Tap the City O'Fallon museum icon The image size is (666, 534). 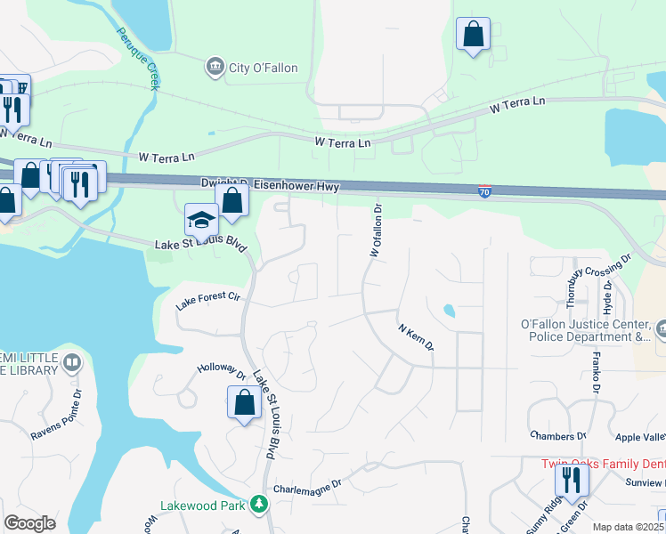[x=214, y=67]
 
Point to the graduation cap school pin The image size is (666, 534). [x=201, y=219]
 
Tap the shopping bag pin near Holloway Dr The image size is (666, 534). [x=244, y=402]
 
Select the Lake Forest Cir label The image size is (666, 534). [x=208, y=301]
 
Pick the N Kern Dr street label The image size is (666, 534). [x=415, y=336]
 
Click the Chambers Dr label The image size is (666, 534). [x=557, y=436]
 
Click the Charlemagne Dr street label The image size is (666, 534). [x=308, y=486]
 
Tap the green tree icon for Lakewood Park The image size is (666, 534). [x=259, y=505]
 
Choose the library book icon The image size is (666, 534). [x=72, y=363]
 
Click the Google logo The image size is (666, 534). [x=29, y=522]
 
